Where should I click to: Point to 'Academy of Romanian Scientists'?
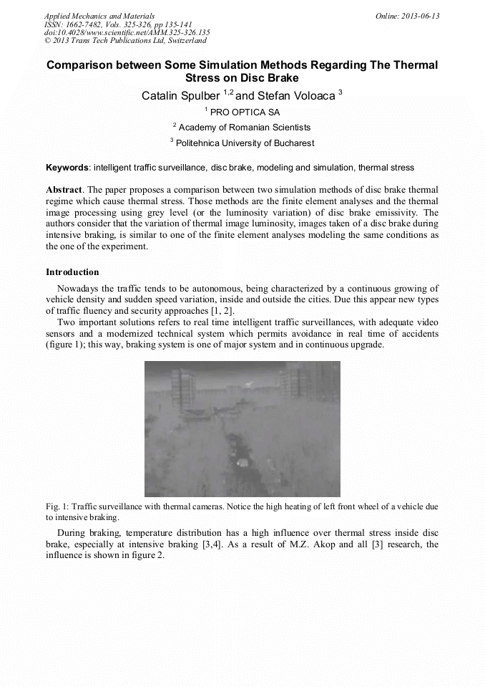245,128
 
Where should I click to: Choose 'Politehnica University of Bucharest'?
245,143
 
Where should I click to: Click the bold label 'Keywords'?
67,168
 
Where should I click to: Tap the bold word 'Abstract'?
64,190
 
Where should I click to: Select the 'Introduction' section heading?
72,272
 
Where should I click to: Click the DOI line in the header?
127,32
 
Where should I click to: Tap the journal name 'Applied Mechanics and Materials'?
99,16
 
